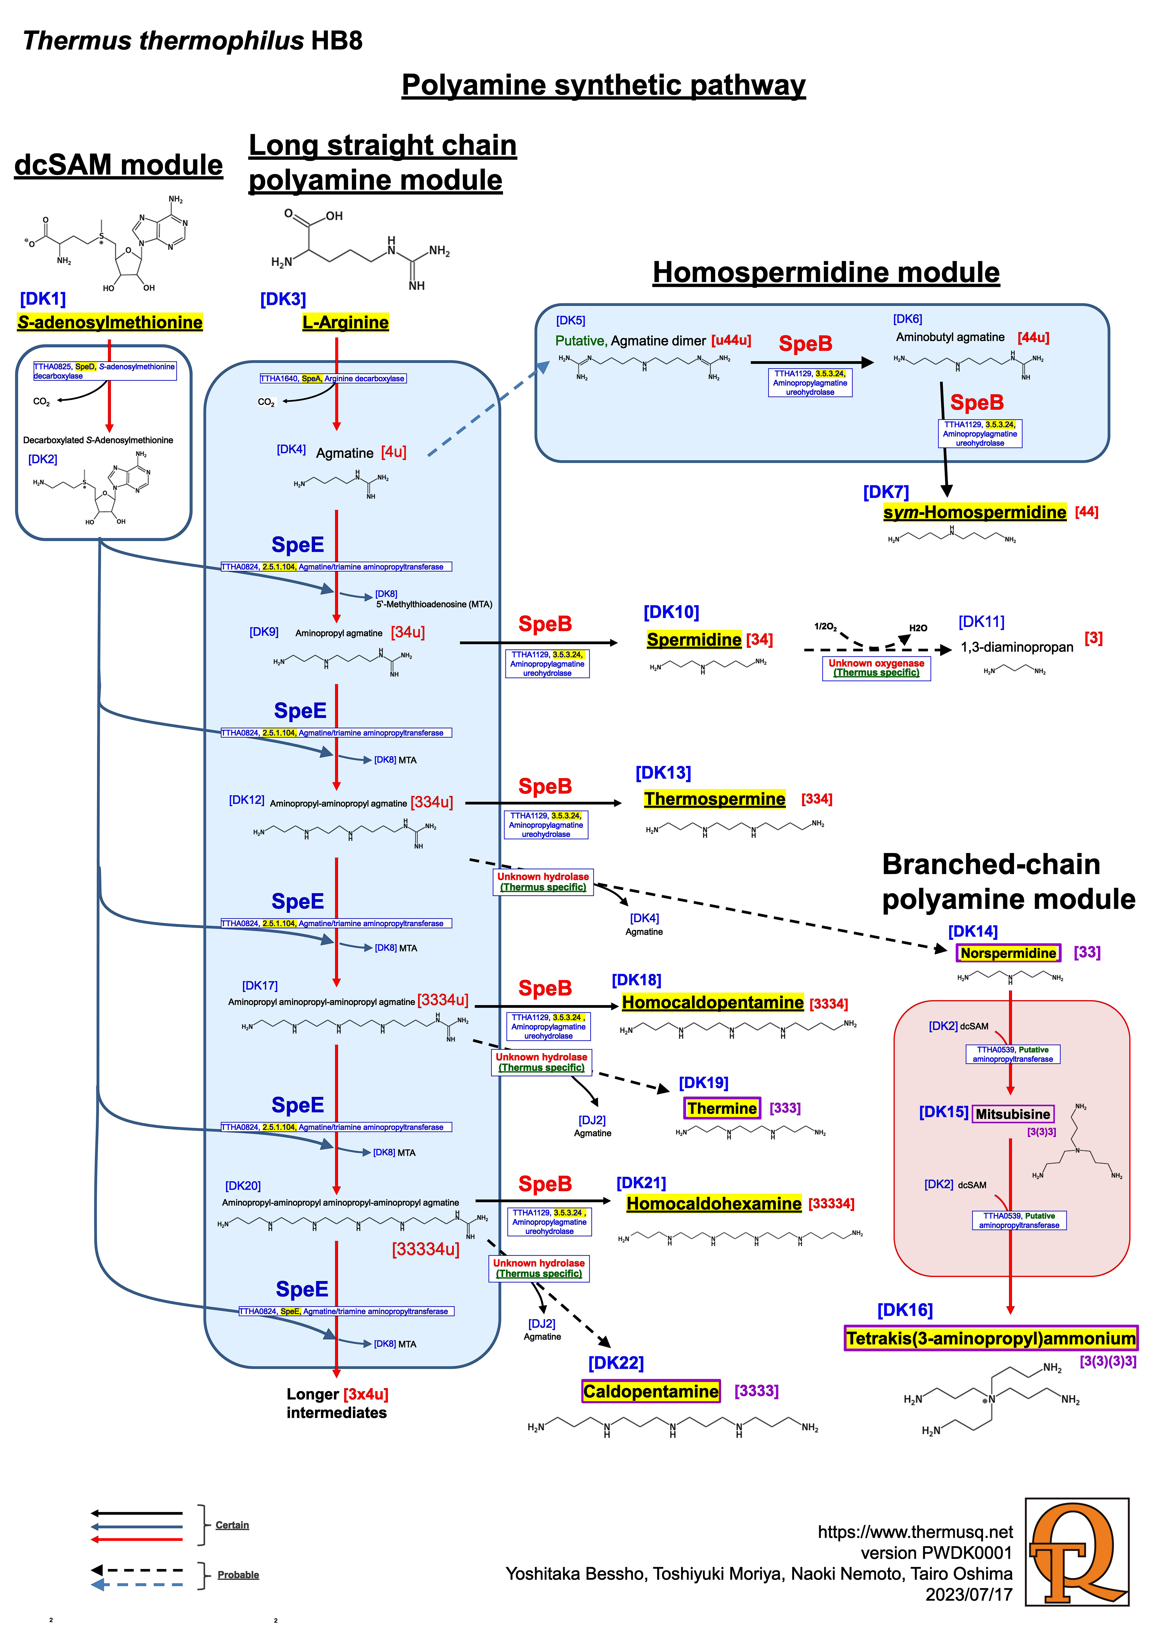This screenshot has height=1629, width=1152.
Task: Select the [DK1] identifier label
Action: pos(42,299)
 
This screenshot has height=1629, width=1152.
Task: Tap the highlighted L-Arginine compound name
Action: pos(345,323)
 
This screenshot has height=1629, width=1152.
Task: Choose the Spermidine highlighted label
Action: pos(694,640)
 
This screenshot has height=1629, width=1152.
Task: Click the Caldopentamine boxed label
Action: pos(650,1391)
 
